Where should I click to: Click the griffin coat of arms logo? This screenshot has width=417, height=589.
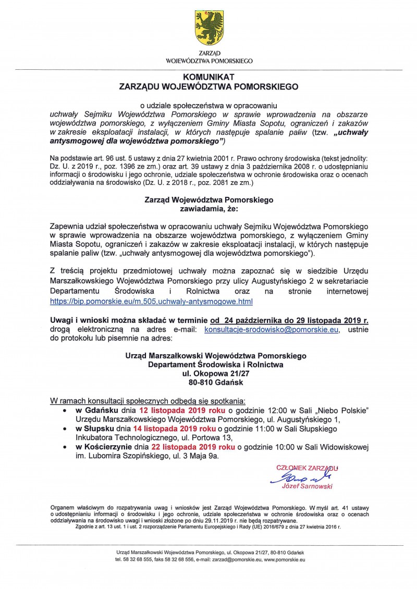pos(208,29)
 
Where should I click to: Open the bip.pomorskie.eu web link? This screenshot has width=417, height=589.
pos(151,301)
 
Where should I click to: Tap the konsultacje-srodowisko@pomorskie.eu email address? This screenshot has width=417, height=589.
pos(272,330)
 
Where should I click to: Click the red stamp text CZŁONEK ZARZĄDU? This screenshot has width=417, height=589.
pos(307,468)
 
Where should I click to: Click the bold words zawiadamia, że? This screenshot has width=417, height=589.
pos(208,208)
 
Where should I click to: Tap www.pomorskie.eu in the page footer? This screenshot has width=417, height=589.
pos(285,559)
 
